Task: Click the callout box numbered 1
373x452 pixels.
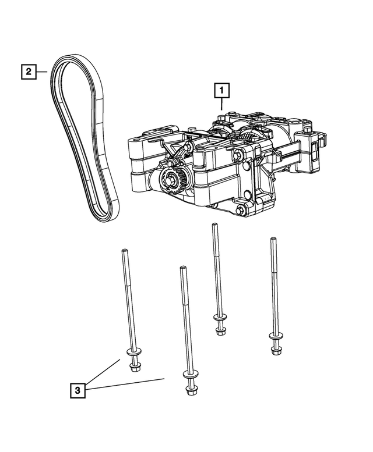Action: pos(221,90)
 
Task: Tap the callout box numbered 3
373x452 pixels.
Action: pos(76,390)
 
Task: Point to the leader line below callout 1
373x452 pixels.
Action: pos(221,105)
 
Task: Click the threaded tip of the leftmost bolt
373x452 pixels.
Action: pos(124,251)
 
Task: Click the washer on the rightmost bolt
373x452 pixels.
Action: pos(275,337)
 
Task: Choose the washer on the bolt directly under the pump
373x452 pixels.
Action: pos(220,322)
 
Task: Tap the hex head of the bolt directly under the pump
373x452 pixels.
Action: pos(220,331)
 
